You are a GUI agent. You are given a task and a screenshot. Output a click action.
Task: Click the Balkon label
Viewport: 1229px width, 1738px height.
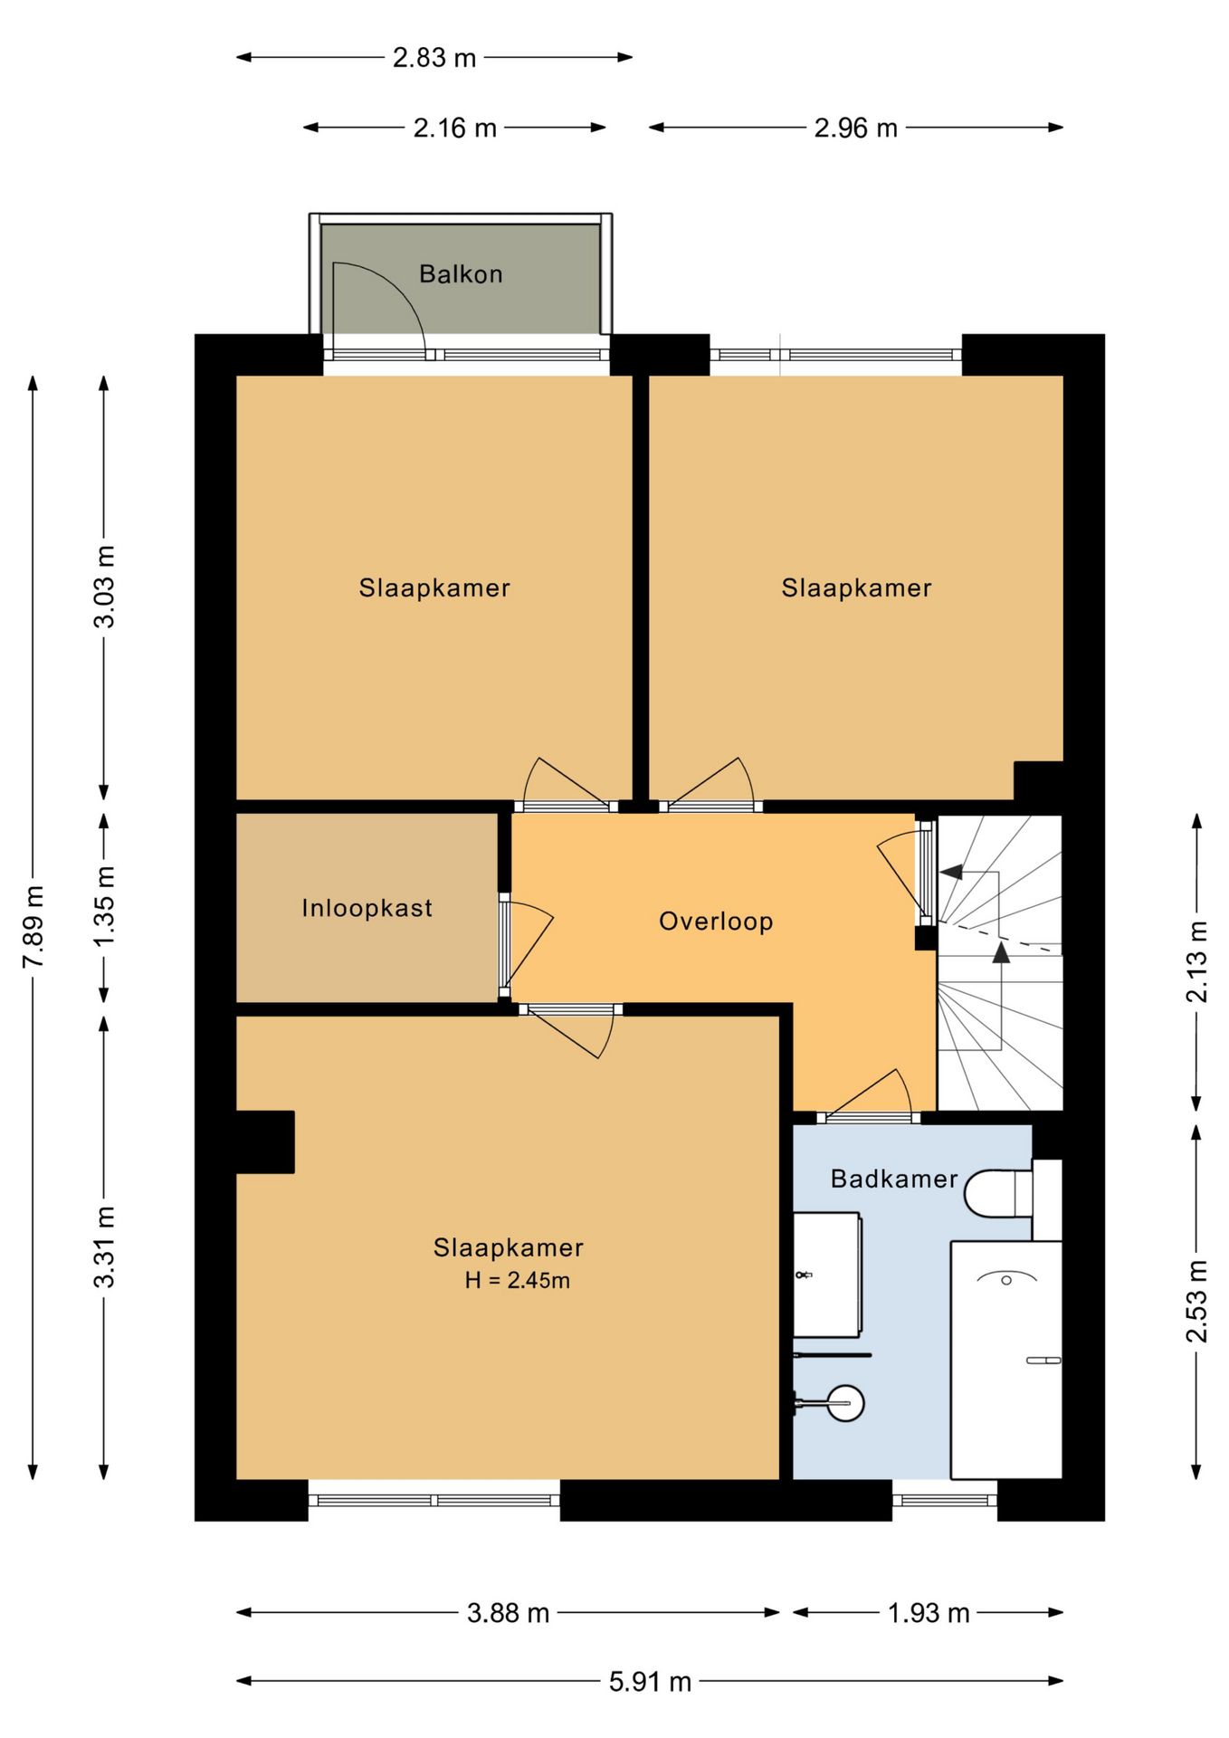point(461,273)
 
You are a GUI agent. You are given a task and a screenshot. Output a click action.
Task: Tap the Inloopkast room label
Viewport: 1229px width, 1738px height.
point(367,908)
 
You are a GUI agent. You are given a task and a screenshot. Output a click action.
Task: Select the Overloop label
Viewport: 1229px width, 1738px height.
point(716,922)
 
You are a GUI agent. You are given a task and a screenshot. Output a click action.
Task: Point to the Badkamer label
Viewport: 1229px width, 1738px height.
point(894,1179)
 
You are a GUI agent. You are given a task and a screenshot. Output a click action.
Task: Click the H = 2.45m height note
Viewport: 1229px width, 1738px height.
point(518,1280)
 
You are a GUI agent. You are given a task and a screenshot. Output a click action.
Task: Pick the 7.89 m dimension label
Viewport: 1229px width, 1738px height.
point(33,927)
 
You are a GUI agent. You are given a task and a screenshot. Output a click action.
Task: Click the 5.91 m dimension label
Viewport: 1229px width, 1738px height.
point(650,1682)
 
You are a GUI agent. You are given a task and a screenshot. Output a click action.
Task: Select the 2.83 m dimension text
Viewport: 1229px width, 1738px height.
point(434,58)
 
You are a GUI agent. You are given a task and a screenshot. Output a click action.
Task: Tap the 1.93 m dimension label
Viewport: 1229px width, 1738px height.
point(929,1613)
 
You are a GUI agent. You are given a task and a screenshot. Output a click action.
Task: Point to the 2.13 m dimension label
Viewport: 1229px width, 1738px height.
point(1196,961)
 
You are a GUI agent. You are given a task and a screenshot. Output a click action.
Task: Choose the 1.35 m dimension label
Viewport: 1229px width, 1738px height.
point(105,906)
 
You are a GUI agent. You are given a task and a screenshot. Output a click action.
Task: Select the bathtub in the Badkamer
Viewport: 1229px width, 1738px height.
point(1005,1360)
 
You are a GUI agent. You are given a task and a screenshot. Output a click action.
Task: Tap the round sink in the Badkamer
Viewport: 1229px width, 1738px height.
point(846,1403)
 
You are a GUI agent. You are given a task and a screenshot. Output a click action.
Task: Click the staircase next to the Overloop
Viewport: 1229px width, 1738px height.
point(999,963)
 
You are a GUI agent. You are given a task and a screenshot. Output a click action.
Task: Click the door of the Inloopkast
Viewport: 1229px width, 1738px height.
point(525,946)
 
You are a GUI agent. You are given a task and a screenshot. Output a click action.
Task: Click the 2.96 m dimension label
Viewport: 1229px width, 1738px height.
point(856,129)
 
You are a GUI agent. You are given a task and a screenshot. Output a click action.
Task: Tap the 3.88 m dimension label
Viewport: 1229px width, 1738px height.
point(508,1613)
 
